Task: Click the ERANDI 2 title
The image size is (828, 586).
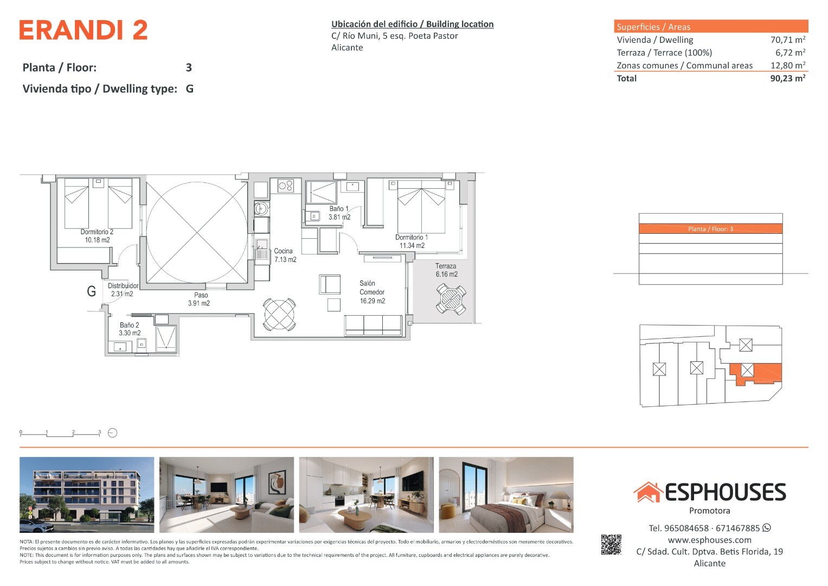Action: (83, 30)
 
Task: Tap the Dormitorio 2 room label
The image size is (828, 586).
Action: (97, 235)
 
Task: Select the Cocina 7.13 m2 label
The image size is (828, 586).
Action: (285, 255)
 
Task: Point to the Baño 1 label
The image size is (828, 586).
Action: (339, 209)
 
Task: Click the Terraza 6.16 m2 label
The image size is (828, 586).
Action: (446, 270)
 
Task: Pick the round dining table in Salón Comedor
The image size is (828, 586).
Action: (279, 315)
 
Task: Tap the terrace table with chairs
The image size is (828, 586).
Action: (451, 298)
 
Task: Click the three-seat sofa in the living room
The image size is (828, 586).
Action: (374, 325)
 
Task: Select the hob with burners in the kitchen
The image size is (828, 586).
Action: (286, 186)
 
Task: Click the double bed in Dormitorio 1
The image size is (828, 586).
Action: (421, 206)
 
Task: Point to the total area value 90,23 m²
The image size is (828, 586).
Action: (788, 78)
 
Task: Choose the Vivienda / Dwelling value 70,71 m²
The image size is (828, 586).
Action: (788, 40)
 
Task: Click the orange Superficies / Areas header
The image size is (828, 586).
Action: (711, 26)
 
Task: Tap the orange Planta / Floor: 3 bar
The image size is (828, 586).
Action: (710, 228)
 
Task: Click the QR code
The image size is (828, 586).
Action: (611, 545)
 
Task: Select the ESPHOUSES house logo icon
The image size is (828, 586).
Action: (648, 492)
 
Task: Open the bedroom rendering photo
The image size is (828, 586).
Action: (506, 495)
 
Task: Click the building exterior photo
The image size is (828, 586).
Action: (87, 495)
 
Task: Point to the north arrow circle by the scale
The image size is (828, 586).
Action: (112, 433)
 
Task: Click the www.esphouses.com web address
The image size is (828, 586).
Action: (709, 540)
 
